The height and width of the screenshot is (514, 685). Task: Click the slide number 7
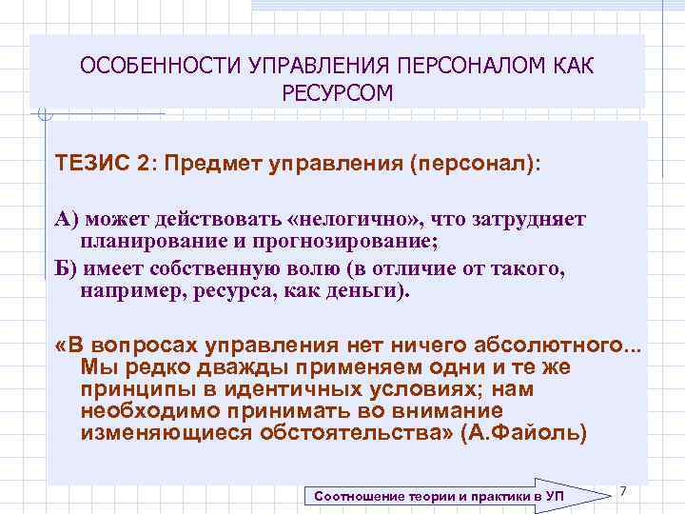622,489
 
